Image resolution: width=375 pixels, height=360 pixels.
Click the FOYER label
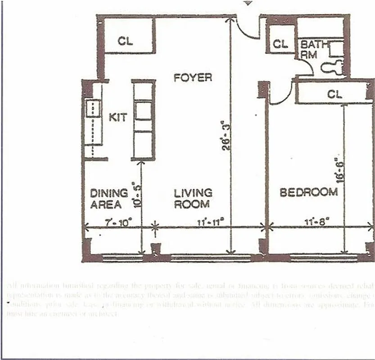[193, 77]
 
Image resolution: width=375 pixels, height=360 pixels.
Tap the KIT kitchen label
[118, 117]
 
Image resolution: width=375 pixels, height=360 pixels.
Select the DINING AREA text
[108, 198]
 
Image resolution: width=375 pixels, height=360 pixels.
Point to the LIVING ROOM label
[193, 198]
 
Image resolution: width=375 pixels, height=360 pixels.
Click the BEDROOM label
[309, 193]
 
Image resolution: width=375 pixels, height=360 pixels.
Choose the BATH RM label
[312, 49]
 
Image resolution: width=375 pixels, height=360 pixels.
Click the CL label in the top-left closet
[126, 41]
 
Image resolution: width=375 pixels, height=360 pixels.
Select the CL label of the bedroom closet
[334, 94]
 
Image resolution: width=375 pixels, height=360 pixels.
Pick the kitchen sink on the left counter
[94, 108]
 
